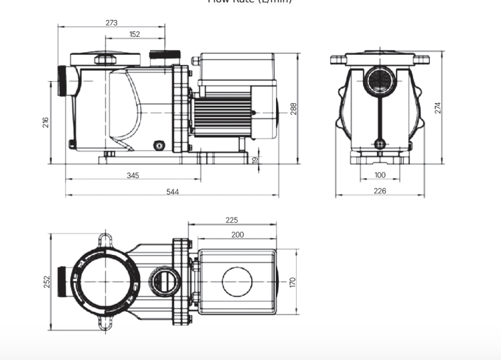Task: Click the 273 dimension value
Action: pos(111,23)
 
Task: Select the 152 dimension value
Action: pos(135,34)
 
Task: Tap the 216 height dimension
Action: pos(46,122)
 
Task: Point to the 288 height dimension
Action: pos(293,108)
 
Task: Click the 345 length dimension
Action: pos(133,175)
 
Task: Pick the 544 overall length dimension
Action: pos(172,192)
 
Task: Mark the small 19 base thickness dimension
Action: pos(255,159)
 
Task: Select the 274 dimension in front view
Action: pos(438,108)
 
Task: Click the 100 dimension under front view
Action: pos(380,175)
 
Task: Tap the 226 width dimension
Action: pos(380,191)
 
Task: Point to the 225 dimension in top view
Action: pos(232,220)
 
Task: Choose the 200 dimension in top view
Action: pos(237,235)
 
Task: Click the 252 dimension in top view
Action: pos(46,282)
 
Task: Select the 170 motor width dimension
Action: pos(293,282)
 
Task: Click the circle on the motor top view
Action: pos(236,282)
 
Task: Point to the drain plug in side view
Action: pos(159,145)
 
